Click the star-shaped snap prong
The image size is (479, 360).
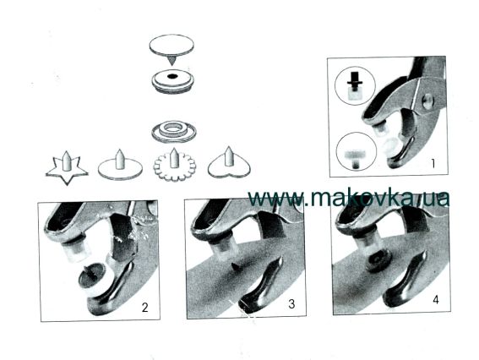coord(67,169)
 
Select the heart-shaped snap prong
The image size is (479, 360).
coord(228,164)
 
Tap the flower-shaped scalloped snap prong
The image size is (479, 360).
coord(174,166)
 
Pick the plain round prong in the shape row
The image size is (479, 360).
coord(120,166)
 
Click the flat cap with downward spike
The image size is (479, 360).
coord(171,49)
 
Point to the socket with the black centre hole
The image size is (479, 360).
coord(173,80)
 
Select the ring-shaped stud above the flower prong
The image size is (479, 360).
coord(174,132)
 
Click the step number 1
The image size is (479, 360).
coord(433,164)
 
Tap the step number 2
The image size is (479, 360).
coord(144,307)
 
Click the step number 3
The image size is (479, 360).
coord(291,304)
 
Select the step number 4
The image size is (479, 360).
coord(436,299)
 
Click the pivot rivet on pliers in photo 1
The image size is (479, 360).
coord(427,100)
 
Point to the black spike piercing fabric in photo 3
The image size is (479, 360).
coord(236,266)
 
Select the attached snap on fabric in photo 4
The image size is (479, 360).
coord(378,260)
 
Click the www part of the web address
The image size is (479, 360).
coord(276,199)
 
